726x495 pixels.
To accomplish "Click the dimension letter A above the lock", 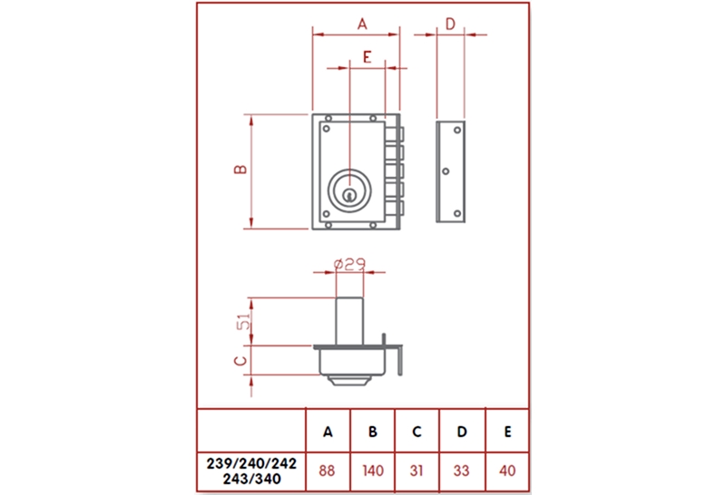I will tap(360, 24).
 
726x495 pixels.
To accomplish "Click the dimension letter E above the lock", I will tap(366, 56).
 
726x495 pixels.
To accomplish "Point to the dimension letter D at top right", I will tap(450, 24).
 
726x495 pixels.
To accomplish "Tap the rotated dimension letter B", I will tap(240, 170).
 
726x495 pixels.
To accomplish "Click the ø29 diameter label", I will tap(349, 264).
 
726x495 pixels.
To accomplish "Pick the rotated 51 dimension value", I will tap(241, 323).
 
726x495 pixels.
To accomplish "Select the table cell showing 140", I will tap(372, 471).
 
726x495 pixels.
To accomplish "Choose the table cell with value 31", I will tap(417, 471).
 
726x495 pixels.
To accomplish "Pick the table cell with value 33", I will tap(461, 471).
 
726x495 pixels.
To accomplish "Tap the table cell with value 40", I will tap(507, 471).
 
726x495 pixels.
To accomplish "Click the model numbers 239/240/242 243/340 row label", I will tap(251, 471).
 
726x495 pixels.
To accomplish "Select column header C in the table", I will tap(417, 432).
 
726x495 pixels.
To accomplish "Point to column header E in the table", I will tap(507, 432).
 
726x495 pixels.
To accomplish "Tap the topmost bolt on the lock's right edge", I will tap(397, 135).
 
